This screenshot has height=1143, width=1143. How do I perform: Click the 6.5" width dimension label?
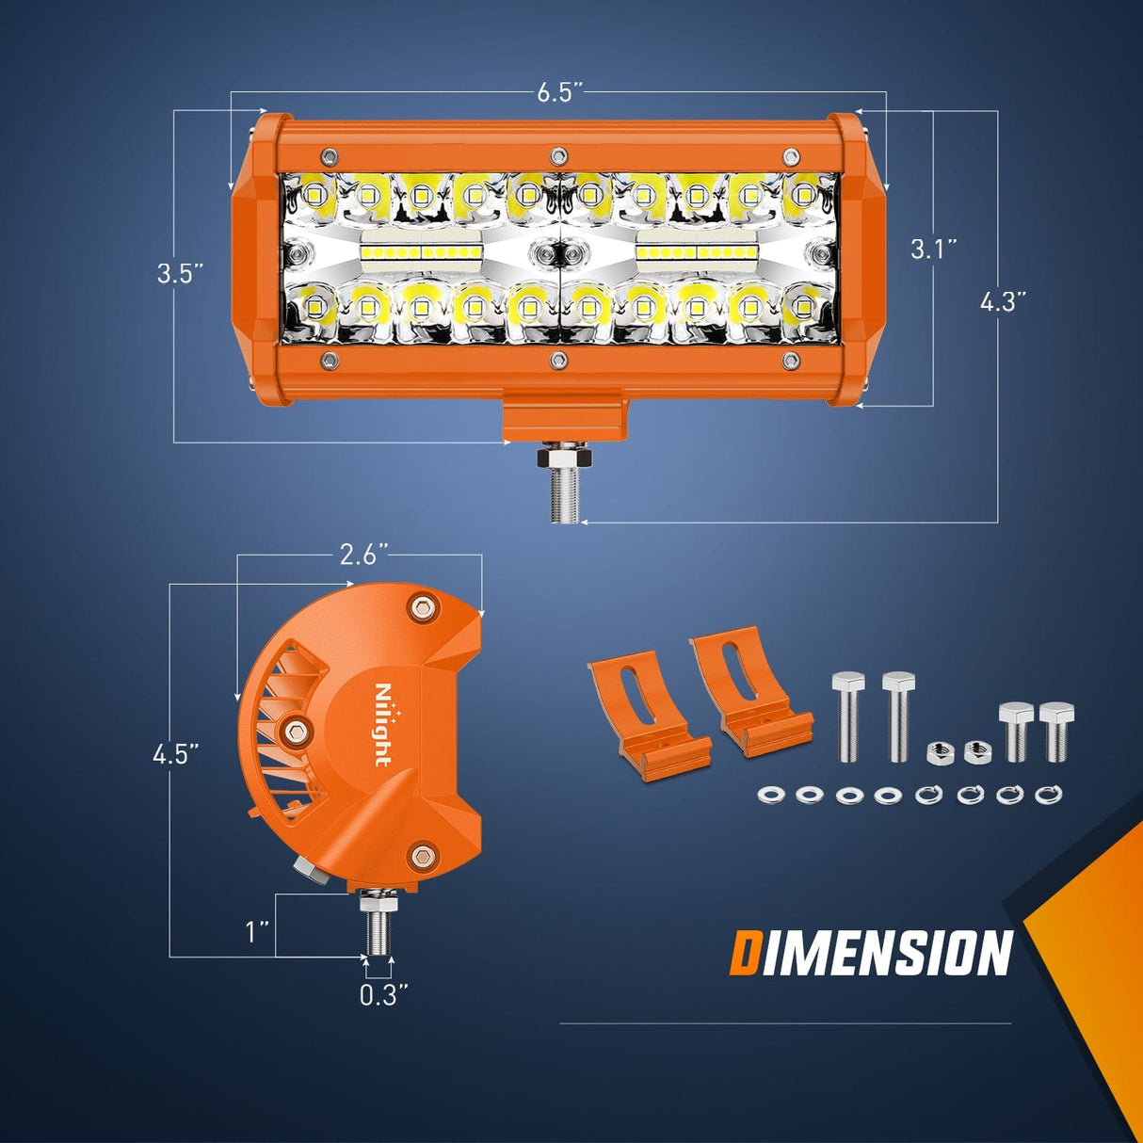tap(559, 92)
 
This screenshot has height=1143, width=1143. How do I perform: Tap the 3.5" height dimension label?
tap(180, 274)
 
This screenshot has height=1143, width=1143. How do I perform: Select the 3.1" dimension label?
tap(933, 250)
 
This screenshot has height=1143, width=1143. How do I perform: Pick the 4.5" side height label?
tap(176, 754)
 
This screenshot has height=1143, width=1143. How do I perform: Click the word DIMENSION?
tap(871, 953)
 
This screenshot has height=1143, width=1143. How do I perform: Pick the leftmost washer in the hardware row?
tap(770, 796)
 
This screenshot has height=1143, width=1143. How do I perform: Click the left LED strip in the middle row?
tap(421, 253)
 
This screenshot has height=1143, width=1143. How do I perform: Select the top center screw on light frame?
tap(558, 154)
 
